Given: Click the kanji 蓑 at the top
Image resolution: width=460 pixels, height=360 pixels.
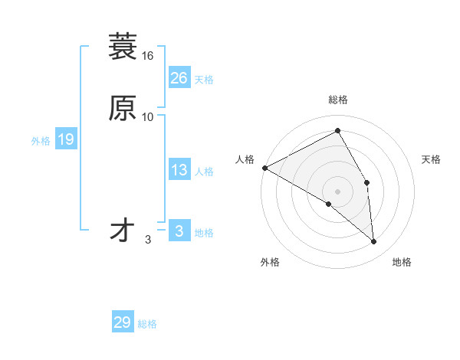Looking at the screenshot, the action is pyautogui.click(x=122, y=47).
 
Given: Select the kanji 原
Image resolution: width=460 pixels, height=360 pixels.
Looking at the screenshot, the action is pyautogui.click(x=122, y=108).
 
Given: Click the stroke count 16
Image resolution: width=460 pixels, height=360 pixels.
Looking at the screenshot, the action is pyautogui.click(x=148, y=56).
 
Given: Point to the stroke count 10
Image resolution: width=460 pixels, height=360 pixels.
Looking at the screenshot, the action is pyautogui.click(x=148, y=117).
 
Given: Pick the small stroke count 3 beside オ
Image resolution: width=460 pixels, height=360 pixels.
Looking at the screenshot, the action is pyautogui.click(x=148, y=240).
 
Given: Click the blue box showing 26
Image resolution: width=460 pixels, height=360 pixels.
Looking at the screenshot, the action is pyautogui.click(x=179, y=78).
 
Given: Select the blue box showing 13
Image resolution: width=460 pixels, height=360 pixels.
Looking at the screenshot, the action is pyautogui.click(x=179, y=170).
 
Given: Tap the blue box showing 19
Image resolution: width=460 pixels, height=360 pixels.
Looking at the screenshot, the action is pyautogui.click(x=66, y=139).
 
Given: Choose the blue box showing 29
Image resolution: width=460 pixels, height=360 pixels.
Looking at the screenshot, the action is pyautogui.click(x=123, y=322).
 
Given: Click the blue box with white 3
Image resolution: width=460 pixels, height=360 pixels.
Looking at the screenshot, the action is pyautogui.click(x=179, y=231).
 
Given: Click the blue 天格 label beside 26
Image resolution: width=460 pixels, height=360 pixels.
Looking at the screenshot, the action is pyautogui.click(x=204, y=80).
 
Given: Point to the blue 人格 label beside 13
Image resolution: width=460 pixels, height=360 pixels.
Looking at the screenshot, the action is pyautogui.click(x=204, y=172).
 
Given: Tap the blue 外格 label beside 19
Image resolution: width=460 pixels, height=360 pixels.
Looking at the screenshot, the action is pyautogui.click(x=41, y=141).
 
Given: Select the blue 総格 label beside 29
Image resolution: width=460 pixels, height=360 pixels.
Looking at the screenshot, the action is pyautogui.click(x=147, y=324).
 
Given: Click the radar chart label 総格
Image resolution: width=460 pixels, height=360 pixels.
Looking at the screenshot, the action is pyautogui.click(x=338, y=100).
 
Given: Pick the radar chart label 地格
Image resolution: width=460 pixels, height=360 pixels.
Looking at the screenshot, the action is pyautogui.click(x=402, y=262).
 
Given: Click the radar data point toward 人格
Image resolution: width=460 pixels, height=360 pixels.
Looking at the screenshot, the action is pyautogui.click(x=264, y=168).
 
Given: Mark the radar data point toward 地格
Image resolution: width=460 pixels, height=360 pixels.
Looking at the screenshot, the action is pyautogui.click(x=374, y=242).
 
